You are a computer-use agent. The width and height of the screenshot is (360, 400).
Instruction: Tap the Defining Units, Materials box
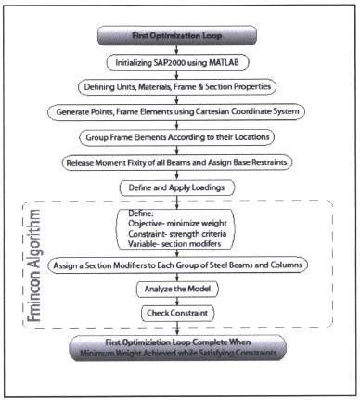tap(179, 86)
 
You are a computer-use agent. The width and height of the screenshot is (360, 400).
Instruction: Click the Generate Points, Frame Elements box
tap(179, 111)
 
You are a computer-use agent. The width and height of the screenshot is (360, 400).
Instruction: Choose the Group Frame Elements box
tap(179, 135)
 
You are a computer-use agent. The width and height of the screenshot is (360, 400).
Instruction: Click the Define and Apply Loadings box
tap(179, 186)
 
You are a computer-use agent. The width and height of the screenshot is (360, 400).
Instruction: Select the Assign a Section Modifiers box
tap(179, 265)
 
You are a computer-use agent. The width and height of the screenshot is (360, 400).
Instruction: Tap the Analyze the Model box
tap(179, 289)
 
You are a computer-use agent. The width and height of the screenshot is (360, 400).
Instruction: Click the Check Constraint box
tap(179, 313)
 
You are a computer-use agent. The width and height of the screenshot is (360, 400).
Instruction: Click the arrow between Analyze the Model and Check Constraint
tap(179, 301)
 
